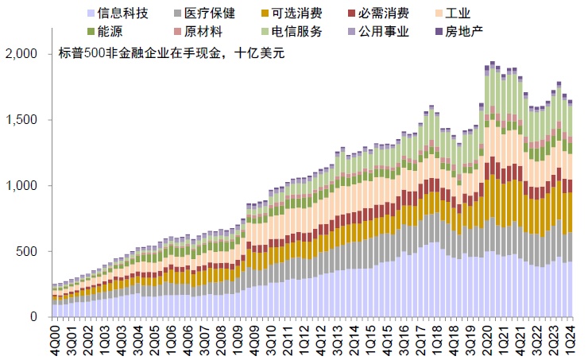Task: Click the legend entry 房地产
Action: coord(463,32)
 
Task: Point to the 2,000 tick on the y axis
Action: coord(21,54)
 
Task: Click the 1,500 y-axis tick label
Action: coord(21,120)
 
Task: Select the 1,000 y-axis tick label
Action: coord(21,186)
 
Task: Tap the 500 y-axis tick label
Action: coord(28,252)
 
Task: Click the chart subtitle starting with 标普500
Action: coord(171,54)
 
